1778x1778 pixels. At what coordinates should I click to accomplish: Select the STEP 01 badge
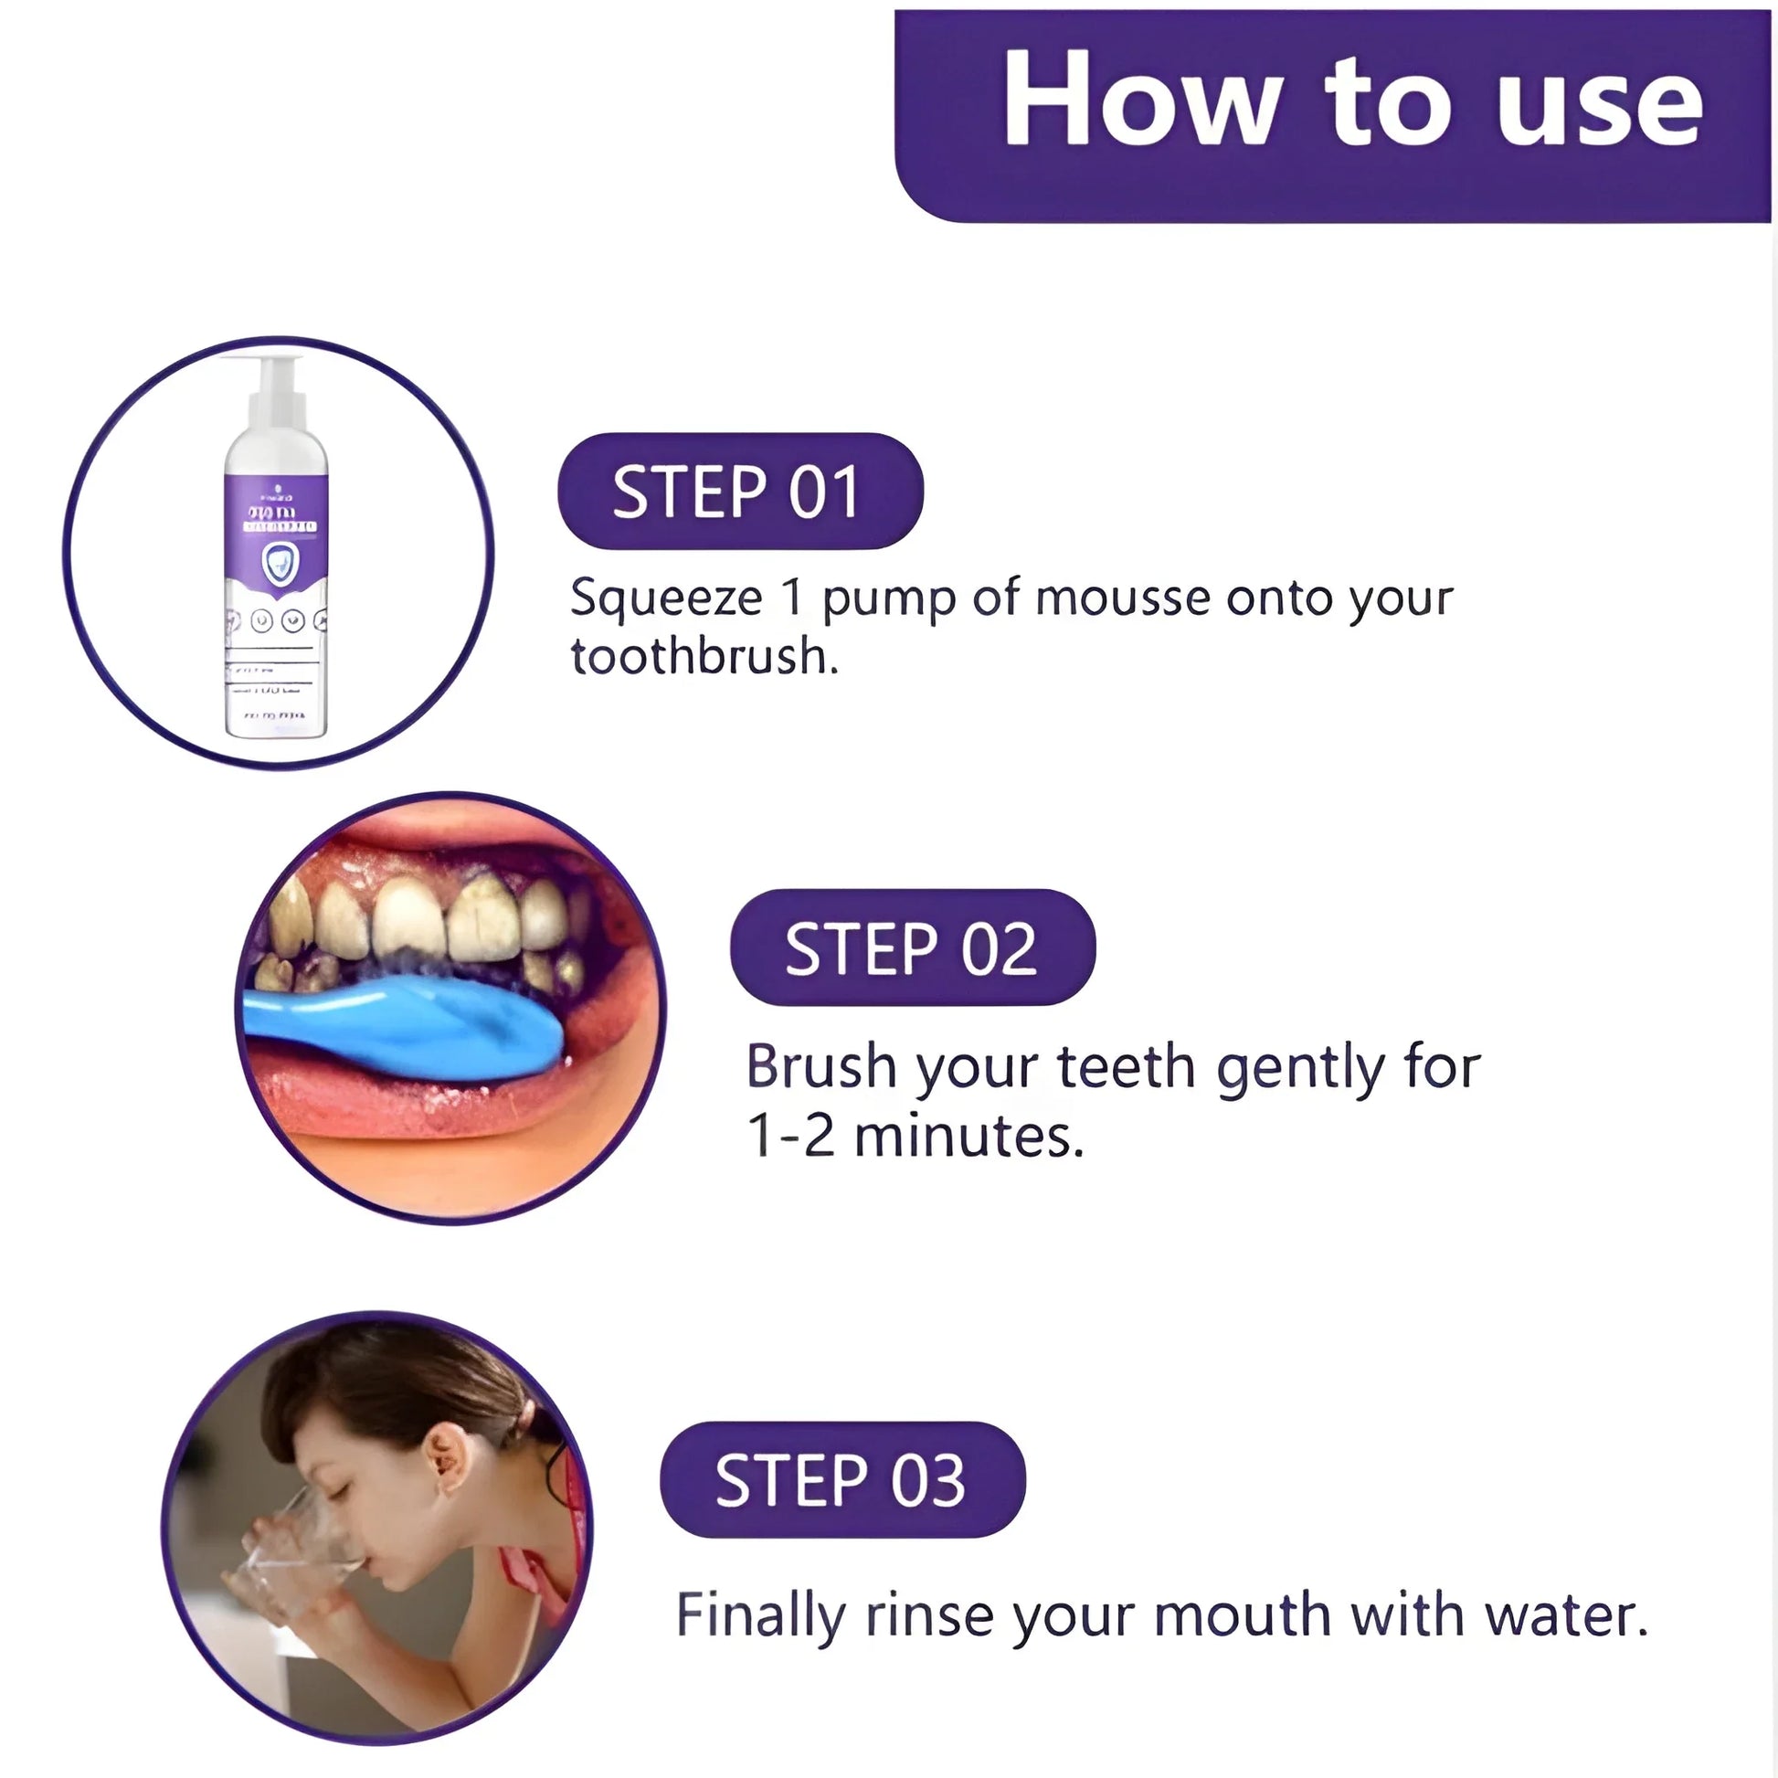pyautogui.click(x=739, y=492)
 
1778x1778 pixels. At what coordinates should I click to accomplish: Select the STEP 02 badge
pyautogui.click(x=912, y=947)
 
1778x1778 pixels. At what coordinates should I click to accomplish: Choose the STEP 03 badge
pyautogui.click(x=842, y=1481)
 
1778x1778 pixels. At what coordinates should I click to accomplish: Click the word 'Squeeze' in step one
pyautogui.click(x=665, y=599)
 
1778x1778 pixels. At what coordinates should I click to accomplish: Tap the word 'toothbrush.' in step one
pyautogui.click(x=704, y=657)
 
